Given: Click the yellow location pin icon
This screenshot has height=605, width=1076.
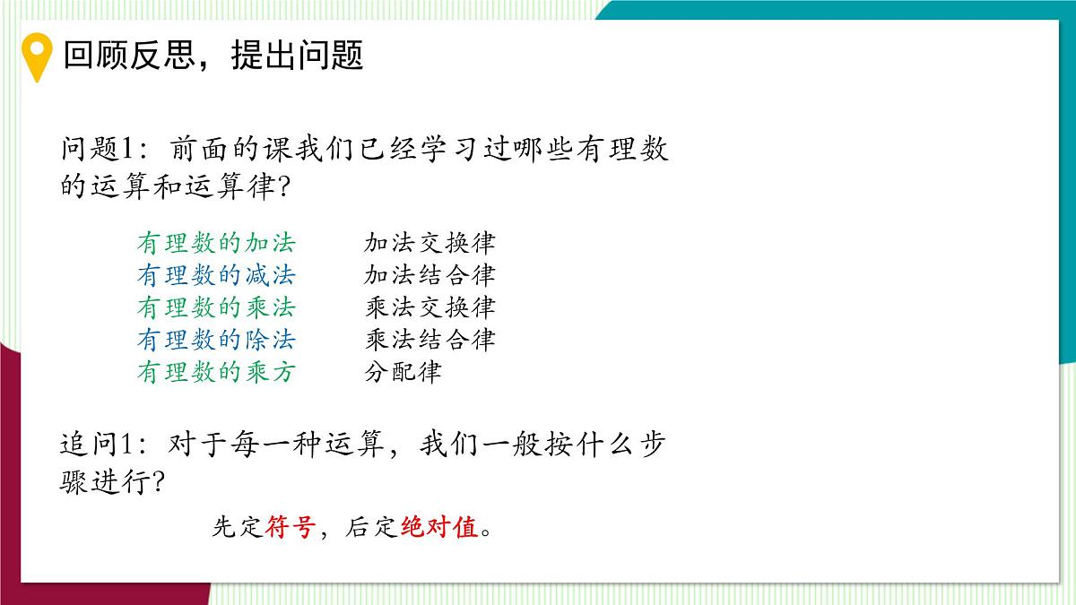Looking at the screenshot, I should click(37, 56).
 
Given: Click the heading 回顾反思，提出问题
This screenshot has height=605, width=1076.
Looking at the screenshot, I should click(213, 56).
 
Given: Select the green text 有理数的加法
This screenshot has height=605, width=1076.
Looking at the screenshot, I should click(216, 243).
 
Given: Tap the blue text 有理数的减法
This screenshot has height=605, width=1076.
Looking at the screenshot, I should click(216, 275).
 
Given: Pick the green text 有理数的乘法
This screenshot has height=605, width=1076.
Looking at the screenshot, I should click(216, 307).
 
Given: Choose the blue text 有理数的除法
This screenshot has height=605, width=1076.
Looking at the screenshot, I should click(216, 340).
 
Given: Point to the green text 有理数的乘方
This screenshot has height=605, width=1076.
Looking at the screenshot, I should click(216, 372).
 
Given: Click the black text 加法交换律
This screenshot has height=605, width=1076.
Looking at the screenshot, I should click(430, 243).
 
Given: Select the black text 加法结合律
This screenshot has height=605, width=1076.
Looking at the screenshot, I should click(430, 275).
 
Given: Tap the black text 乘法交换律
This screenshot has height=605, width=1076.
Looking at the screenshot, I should click(430, 307).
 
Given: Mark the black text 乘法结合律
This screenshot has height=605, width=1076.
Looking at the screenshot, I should click(430, 340).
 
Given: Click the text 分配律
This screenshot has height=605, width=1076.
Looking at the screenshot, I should click(403, 372).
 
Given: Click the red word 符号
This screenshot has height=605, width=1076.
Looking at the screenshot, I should click(290, 528).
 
